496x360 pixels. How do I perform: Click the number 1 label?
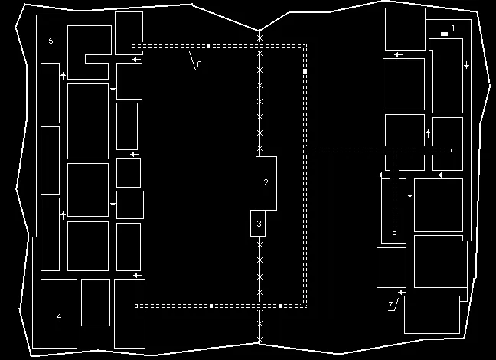[x=453, y=28]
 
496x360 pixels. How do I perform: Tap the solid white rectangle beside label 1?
[x=444, y=34]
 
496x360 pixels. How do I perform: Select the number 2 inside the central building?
[x=266, y=182]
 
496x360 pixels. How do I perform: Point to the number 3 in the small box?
[x=259, y=224]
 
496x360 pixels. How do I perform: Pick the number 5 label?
[x=51, y=40]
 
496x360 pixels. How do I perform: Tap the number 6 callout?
[x=199, y=65]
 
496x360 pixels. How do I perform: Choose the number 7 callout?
[x=390, y=305]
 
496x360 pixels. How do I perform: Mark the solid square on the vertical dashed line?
[x=305, y=70]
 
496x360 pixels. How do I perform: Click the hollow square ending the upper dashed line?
[x=133, y=46]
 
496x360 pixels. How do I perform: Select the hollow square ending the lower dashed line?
[x=136, y=306]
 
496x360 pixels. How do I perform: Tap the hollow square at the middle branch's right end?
[x=454, y=150]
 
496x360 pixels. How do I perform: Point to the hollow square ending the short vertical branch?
[x=394, y=232]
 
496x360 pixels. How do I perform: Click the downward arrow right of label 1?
[x=466, y=65]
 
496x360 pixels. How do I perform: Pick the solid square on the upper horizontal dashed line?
[x=209, y=46]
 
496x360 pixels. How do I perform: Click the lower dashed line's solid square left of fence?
[x=211, y=306]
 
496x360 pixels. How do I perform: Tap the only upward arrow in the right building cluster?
[x=428, y=133]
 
